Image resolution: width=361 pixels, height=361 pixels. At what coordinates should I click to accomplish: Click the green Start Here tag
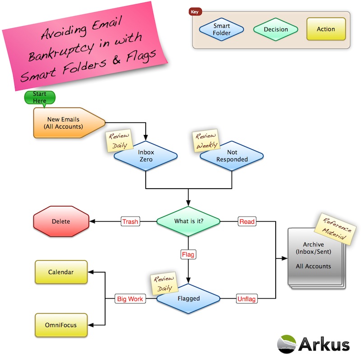[x=40, y=97]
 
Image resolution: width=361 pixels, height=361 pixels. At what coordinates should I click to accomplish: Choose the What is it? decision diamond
[x=188, y=222]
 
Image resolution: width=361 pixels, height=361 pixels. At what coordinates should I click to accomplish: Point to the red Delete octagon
[x=60, y=222]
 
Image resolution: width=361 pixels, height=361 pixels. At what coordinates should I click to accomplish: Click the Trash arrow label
[x=130, y=222]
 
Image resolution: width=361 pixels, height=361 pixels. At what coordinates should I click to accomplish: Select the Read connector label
[x=247, y=222]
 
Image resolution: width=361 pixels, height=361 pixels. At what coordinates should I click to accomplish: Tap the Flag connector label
[x=188, y=255]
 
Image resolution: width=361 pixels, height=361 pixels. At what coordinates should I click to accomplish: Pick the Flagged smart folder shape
[x=189, y=298]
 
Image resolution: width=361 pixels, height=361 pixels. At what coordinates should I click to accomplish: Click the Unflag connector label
[x=247, y=298]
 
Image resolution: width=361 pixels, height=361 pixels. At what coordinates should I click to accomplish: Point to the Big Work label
[x=130, y=298]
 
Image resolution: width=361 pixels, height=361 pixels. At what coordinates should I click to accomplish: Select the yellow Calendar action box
[x=61, y=272]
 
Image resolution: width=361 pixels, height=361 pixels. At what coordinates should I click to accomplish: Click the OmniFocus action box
[x=61, y=325]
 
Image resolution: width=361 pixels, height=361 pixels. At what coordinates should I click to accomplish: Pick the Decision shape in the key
[x=276, y=29]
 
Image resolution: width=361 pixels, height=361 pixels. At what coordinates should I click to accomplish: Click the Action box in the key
[x=326, y=29]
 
